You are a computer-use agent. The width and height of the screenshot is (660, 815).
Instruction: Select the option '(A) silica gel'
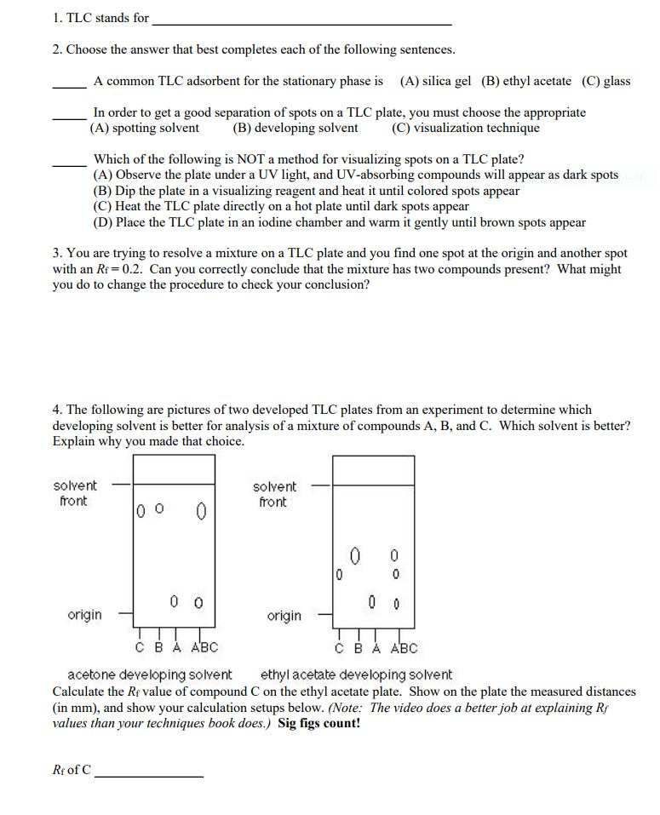(435, 82)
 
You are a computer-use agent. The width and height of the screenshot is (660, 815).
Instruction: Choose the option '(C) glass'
(606, 82)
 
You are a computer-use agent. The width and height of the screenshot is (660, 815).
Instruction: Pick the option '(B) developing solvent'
(296, 129)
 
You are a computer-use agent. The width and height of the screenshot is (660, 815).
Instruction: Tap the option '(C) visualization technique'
(466, 129)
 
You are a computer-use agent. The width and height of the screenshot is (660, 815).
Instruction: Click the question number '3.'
(57, 254)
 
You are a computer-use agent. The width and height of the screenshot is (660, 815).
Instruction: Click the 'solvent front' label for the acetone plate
(75, 494)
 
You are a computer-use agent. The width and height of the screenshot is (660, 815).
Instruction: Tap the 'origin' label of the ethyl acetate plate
(284, 616)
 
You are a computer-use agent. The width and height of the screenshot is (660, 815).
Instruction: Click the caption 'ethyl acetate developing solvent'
(356, 674)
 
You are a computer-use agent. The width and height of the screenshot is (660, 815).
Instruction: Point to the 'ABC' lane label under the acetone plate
(204, 647)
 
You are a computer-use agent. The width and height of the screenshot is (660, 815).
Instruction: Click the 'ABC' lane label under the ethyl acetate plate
(405, 648)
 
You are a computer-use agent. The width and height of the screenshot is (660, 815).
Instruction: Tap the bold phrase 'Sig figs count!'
(319, 724)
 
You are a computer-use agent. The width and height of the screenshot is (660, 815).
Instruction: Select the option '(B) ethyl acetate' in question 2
(526, 82)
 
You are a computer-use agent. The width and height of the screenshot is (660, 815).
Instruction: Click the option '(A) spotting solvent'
(145, 129)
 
